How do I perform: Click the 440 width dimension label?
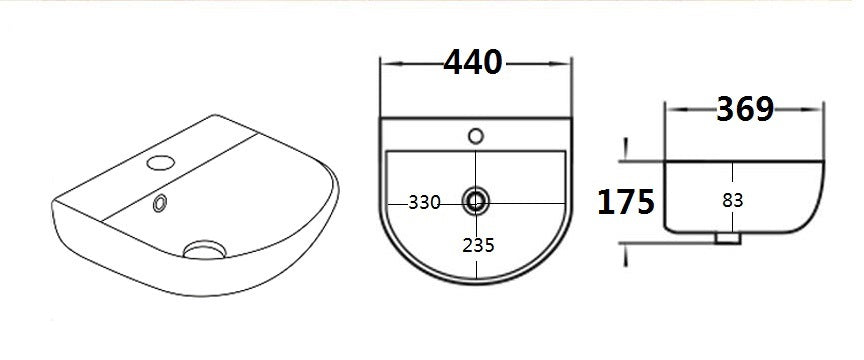click(473, 63)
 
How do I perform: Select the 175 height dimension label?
click(626, 202)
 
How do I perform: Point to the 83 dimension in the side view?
click(733, 200)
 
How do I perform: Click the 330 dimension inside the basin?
click(424, 202)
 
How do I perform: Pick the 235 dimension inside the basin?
click(478, 244)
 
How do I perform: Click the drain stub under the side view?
click(728, 240)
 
